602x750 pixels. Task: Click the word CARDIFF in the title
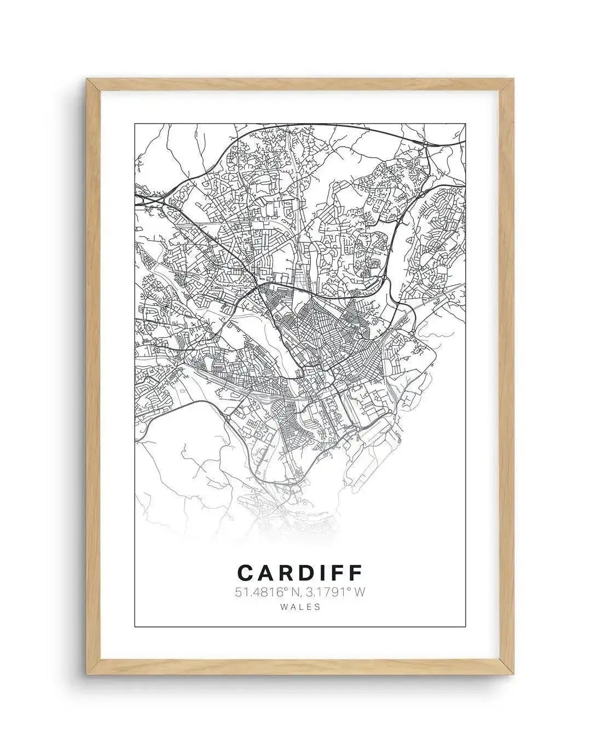pyautogui.click(x=300, y=572)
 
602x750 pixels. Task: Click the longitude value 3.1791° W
pyautogui.click(x=335, y=591)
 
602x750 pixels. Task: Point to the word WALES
pyautogui.click(x=299, y=606)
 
